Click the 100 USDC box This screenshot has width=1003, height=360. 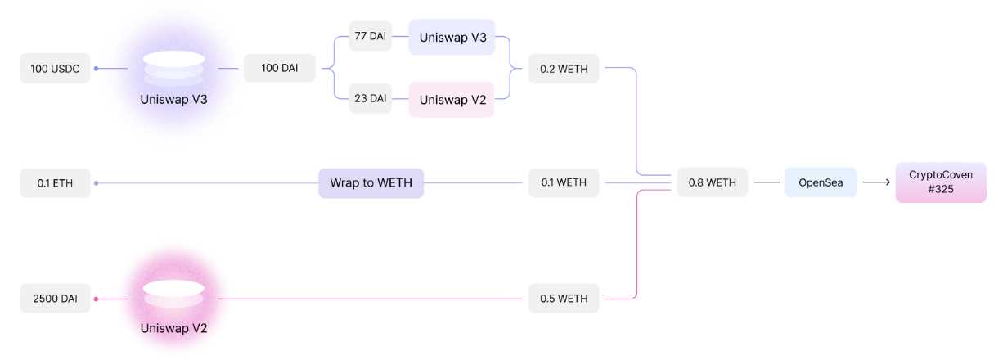55,69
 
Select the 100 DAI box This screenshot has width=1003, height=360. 279,69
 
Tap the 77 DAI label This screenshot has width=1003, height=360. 370,37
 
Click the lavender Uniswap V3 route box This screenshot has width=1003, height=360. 452,38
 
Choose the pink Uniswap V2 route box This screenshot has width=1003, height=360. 452,100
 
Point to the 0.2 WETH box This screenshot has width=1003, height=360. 564,69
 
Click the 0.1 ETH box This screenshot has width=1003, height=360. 55,183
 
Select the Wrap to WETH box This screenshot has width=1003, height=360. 371,183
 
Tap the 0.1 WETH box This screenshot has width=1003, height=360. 564,183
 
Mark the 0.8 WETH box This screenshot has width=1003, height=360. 712,183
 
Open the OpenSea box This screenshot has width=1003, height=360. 821,183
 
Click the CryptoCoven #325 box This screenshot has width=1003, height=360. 940,182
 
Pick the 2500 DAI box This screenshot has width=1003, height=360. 55,299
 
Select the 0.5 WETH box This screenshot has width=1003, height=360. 564,299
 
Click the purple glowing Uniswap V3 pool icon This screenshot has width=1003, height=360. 173,69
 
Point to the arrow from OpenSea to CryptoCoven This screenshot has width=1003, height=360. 876,183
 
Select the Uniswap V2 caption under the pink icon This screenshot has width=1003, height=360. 173,329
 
